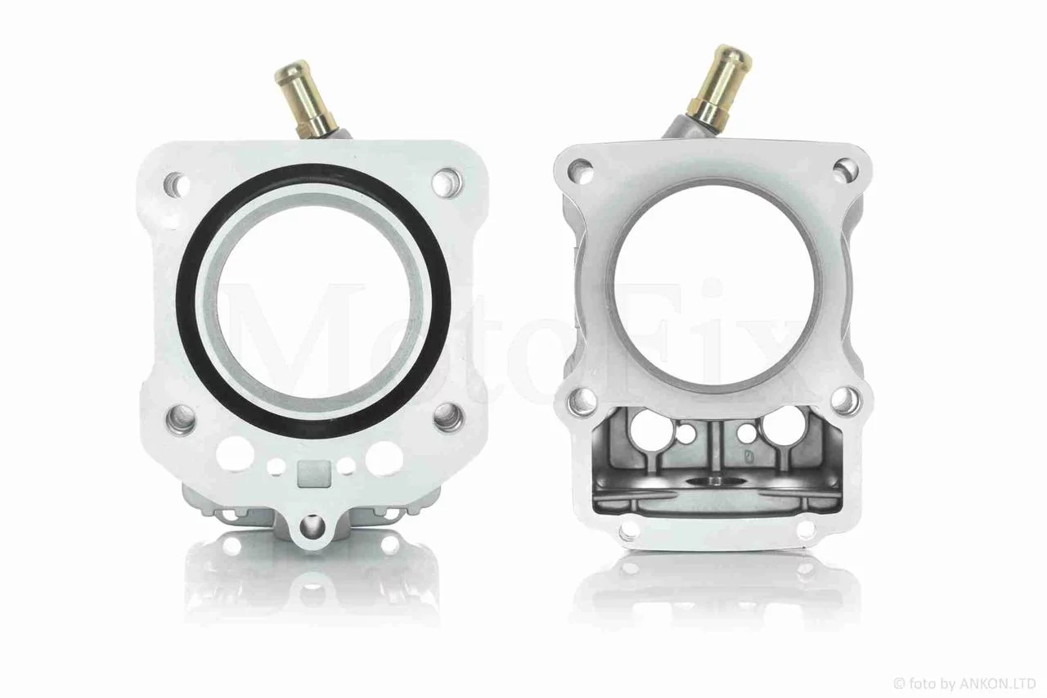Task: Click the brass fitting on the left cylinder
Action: (x=306, y=99)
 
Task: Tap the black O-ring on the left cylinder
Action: (x=312, y=300)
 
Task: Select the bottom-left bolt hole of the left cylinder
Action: (x=182, y=418)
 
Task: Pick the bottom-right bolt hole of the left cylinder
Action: (x=450, y=417)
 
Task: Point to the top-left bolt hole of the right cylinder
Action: (x=581, y=169)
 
